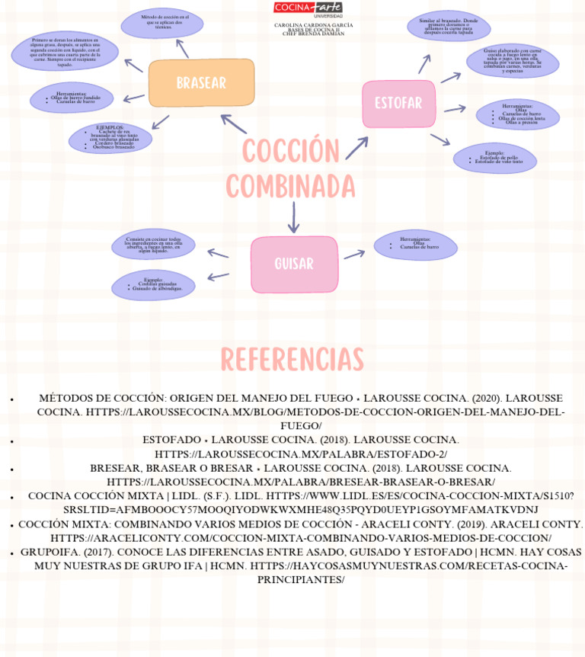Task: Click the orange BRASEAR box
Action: point(201,83)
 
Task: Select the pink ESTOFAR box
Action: point(398,104)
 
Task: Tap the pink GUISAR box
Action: point(294,264)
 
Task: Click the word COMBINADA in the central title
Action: point(291,187)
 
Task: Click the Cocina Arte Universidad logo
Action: point(308,8)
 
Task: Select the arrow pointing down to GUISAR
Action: point(294,218)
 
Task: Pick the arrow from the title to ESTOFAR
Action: point(356,148)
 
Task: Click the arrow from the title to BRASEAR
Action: point(233,124)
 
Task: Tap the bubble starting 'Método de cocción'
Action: point(163,22)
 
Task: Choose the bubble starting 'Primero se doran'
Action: point(66,51)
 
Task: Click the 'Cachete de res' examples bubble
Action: point(110,138)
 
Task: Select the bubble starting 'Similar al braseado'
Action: point(448,26)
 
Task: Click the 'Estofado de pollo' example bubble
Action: point(495,158)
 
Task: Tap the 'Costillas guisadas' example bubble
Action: point(153,285)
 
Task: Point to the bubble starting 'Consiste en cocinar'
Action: point(153,244)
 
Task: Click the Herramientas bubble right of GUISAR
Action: point(415,245)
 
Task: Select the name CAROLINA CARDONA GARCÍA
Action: point(313,25)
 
